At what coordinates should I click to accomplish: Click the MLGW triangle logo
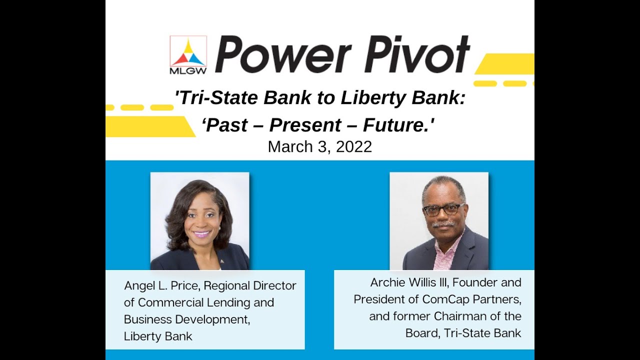188,51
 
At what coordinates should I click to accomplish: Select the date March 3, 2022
319,146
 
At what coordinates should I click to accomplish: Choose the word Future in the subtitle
398,125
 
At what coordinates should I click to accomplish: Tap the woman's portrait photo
199,221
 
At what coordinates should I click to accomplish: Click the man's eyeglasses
443,209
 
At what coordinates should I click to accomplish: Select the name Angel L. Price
161,285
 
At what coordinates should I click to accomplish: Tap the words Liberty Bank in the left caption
158,336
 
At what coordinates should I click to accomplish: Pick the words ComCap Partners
471,299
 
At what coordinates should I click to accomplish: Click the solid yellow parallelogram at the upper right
505,63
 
